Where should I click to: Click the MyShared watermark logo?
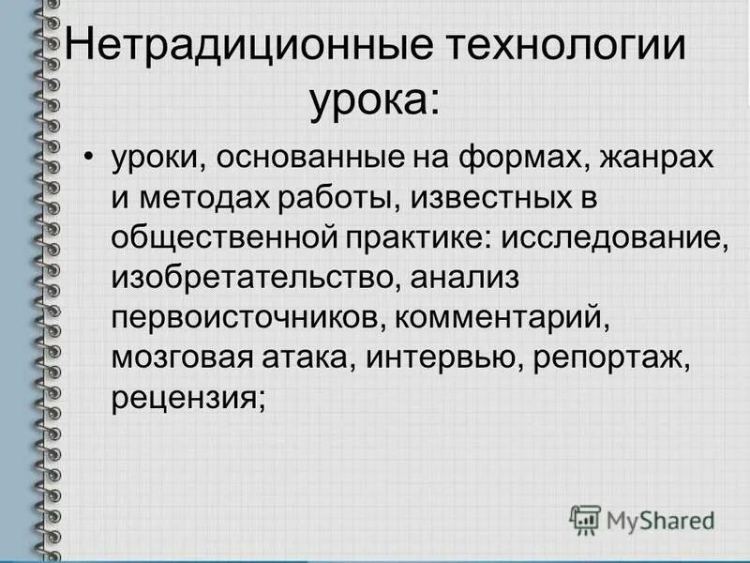pyautogui.click(x=642, y=519)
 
